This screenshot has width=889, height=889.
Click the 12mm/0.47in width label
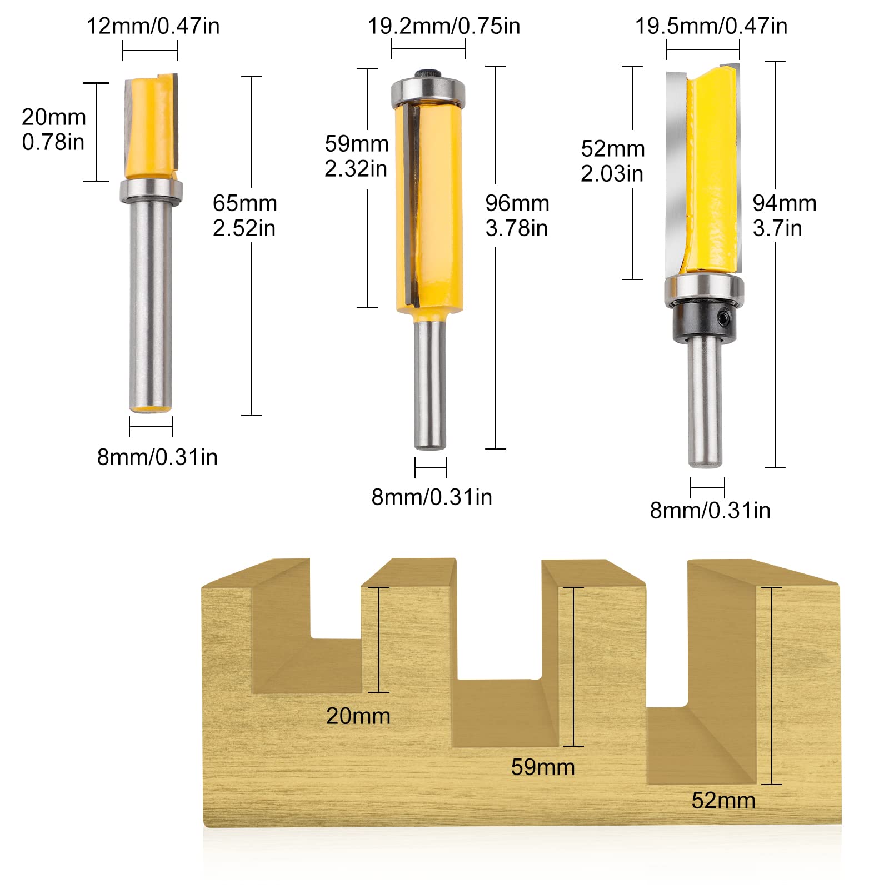tap(153, 26)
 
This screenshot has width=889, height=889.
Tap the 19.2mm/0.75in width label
tap(444, 26)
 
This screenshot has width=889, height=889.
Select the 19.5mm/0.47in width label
tap(711, 26)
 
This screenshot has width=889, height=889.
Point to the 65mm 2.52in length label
tap(244, 216)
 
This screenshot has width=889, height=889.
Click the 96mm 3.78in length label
tap(517, 216)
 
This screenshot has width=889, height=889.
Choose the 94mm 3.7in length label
tap(784, 216)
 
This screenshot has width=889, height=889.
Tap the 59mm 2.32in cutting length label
tap(356, 156)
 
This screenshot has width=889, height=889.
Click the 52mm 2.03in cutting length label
tap(612, 161)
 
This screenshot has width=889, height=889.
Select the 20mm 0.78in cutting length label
tap(54, 129)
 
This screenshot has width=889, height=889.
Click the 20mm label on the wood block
tap(358, 716)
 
